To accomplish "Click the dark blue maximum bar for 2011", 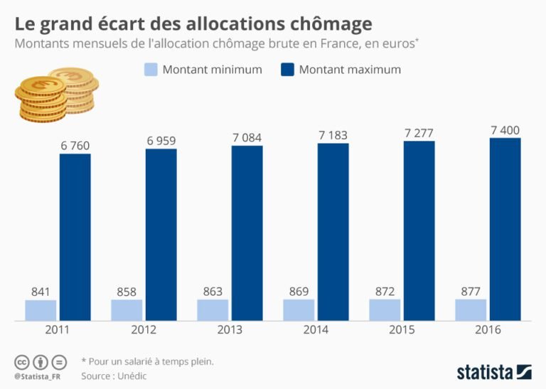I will tap(75, 236).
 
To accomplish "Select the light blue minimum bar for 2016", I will tap(471, 309).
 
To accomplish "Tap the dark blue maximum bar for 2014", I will tap(333, 231).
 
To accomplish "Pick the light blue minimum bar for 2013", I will tap(213, 309).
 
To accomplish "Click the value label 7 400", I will tap(505, 130).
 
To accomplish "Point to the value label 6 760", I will tap(75, 146).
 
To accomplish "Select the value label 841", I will tap(41, 292).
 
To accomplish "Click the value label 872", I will tap(385, 292).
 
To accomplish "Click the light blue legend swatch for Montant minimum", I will tap(150, 70).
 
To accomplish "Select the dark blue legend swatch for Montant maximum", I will tap(287, 70).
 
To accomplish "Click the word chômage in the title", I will tap(331, 23).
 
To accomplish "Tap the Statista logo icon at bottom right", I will tap(524, 371).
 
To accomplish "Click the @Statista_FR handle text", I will tap(37, 375).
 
